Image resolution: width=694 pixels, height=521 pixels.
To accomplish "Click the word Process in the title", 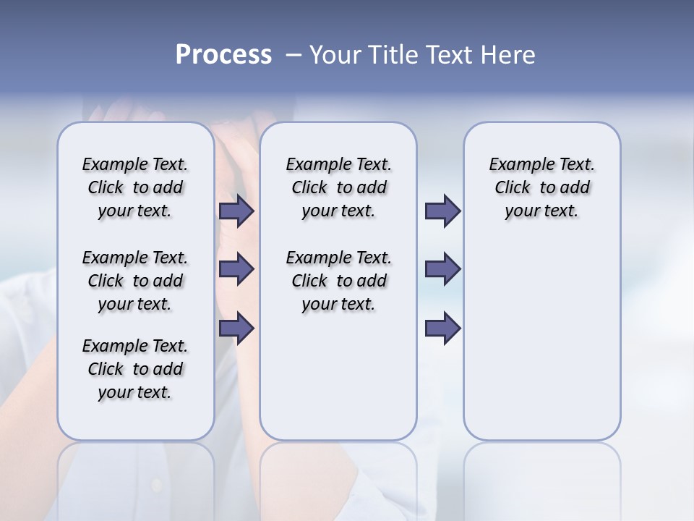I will pyautogui.click(x=223, y=54).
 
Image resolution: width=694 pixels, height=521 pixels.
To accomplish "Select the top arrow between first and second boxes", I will pyautogui.click(x=236, y=211).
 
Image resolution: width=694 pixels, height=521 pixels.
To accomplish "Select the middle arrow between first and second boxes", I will pyautogui.click(x=236, y=268).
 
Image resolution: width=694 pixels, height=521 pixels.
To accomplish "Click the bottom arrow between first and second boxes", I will pyautogui.click(x=236, y=328).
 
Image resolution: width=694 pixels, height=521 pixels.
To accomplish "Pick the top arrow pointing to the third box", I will pyautogui.click(x=442, y=211).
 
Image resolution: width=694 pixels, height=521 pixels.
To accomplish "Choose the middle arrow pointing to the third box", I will pyautogui.click(x=442, y=268).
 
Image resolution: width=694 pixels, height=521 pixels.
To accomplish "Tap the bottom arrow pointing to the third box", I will pyautogui.click(x=442, y=328).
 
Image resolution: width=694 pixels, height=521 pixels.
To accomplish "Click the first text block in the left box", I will pyautogui.click(x=135, y=187).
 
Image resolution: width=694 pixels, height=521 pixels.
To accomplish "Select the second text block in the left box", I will pyautogui.click(x=135, y=281).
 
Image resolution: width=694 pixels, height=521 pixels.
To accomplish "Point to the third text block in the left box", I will pyautogui.click(x=135, y=369).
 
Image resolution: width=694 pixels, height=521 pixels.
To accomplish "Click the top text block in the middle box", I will pyautogui.click(x=339, y=187).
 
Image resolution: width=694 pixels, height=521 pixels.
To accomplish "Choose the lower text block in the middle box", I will pyautogui.click(x=339, y=281).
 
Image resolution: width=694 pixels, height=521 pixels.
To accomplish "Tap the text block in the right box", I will pyautogui.click(x=542, y=187).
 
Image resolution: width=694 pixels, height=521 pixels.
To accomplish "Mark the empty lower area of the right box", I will pyautogui.click(x=542, y=340).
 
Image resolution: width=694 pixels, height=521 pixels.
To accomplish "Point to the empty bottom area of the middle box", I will pyautogui.click(x=338, y=384).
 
